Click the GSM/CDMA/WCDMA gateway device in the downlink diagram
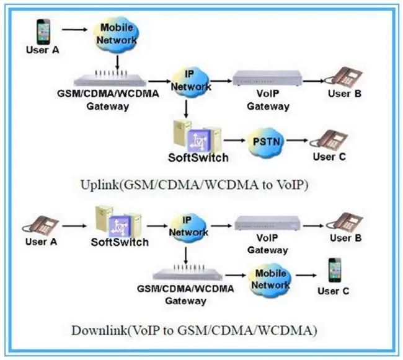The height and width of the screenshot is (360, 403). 185,274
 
